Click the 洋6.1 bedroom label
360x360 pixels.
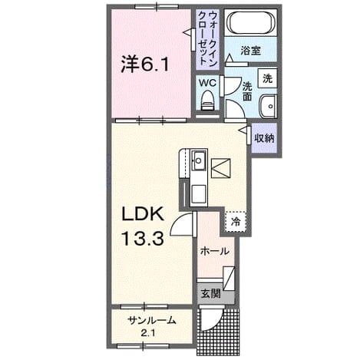click(x=144, y=64)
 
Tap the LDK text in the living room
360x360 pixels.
click(x=143, y=214)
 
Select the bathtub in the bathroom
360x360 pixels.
click(x=250, y=22)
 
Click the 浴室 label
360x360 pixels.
click(x=250, y=51)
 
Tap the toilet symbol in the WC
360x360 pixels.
click(x=207, y=101)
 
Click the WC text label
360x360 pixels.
click(x=208, y=83)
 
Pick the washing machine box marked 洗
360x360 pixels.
click(x=267, y=78)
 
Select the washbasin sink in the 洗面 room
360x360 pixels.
click(x=268, y=106)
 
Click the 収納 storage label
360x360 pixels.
click(x=264, y=138)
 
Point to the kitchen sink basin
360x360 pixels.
click(x=199, y=160)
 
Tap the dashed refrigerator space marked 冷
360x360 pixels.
click(x=236, y=222)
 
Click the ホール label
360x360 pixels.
click(x=214, y=252)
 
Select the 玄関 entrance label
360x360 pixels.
click(x=210, y=293)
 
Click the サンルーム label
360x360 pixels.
click(x=152, y=320)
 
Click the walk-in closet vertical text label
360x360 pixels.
click(x=207, y=38)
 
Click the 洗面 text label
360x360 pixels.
click(x=247, y=91)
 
